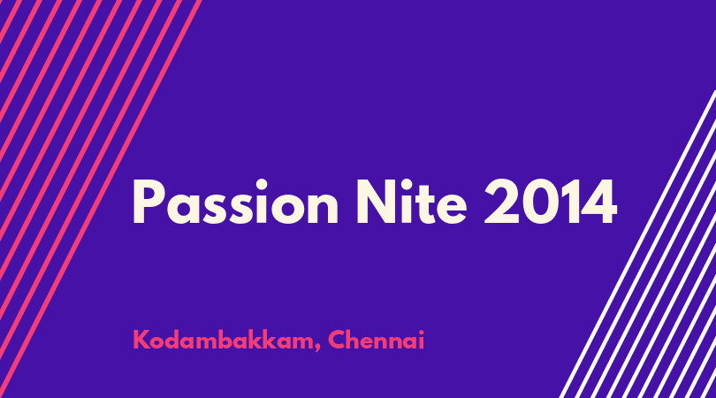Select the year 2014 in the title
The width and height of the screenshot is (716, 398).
pos(550,202)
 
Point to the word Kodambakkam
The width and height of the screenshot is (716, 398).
pos(224,340)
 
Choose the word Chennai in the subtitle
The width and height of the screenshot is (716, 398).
pos(377,340)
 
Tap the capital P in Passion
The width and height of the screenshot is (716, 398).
pos(148,202)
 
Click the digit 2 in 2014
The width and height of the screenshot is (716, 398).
pos(500,202)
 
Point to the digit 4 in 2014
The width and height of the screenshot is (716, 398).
pos(598,202)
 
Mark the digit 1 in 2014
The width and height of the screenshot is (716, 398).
pos(567,202)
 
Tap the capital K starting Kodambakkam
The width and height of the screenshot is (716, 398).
pos(141,340)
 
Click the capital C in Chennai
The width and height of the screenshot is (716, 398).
pos(337,340)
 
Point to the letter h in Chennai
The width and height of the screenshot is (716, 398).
pos(355,340)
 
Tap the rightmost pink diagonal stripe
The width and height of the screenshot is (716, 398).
pos(100,199)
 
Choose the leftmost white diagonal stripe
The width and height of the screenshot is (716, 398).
pos(637,244)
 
